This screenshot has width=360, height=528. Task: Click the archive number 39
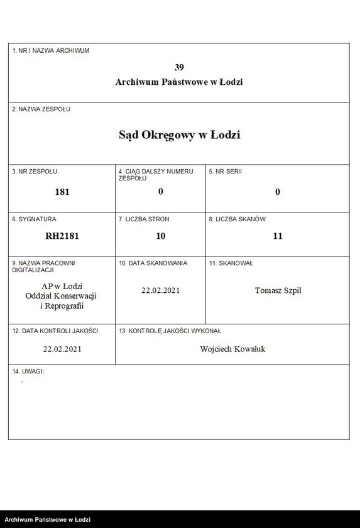coord(179,67)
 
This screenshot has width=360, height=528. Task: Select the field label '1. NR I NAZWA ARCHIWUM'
coord(51,50)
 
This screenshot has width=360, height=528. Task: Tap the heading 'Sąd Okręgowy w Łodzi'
coord(179,135)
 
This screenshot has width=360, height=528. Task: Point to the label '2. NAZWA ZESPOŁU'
coord(41,109)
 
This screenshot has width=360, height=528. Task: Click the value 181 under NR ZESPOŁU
coord(62,192)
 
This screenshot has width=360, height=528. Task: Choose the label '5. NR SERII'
coord(225,172)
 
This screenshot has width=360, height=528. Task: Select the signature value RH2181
coord(62,236)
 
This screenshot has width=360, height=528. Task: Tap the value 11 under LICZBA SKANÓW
coord(278,236)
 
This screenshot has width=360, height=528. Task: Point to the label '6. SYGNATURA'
coord(34,219)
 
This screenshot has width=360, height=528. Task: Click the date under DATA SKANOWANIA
coord(161,290)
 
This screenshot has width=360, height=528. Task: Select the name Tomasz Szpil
coord(278,290)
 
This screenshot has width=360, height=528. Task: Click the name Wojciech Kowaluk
coord(232,348)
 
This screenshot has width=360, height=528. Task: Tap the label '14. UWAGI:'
coord(28,371)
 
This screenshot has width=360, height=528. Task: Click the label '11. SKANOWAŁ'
coord(231,263)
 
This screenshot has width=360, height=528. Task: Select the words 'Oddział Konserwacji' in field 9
coord(62,296)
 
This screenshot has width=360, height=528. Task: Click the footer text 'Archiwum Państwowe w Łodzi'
coord(48,520)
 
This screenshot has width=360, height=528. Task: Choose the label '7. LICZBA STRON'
coord(144,219)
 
